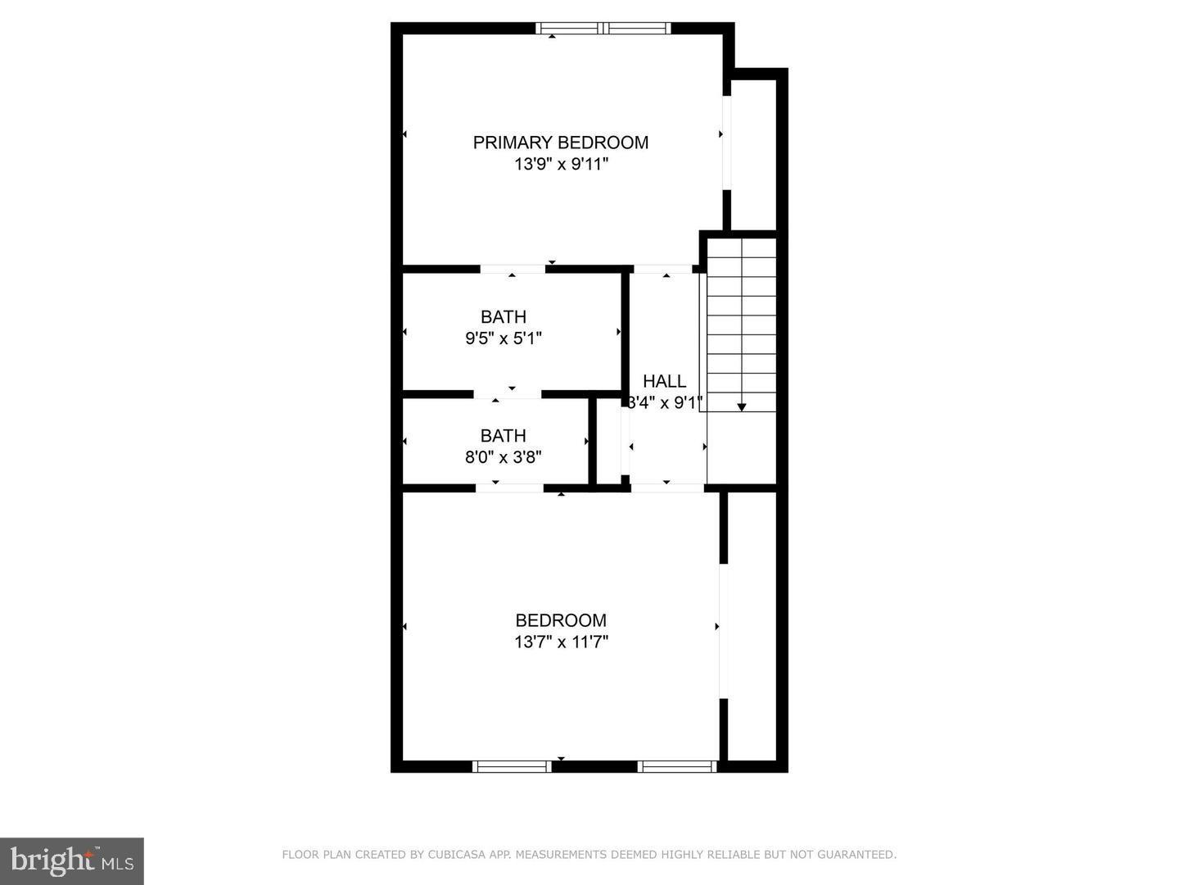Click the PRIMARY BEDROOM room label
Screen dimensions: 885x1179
(560, 143)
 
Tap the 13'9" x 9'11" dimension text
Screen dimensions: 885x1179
(561, 164)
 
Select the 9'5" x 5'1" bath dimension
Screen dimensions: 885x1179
(504, 338)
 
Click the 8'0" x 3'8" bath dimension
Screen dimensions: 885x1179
(504, 457)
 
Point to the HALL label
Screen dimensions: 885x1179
(664, 381)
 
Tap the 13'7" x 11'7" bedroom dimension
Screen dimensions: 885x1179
(561, 642)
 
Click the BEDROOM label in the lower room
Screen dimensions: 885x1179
(561, 620)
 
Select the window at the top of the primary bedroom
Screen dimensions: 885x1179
(603, 29)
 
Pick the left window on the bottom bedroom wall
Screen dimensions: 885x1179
(513, 767)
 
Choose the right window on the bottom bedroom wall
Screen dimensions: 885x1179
(677, 767)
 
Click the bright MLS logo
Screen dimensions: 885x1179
(72, 861)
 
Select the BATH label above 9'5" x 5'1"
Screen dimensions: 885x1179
(504, 316)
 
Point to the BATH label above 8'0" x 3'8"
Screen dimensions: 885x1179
(504, 436)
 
